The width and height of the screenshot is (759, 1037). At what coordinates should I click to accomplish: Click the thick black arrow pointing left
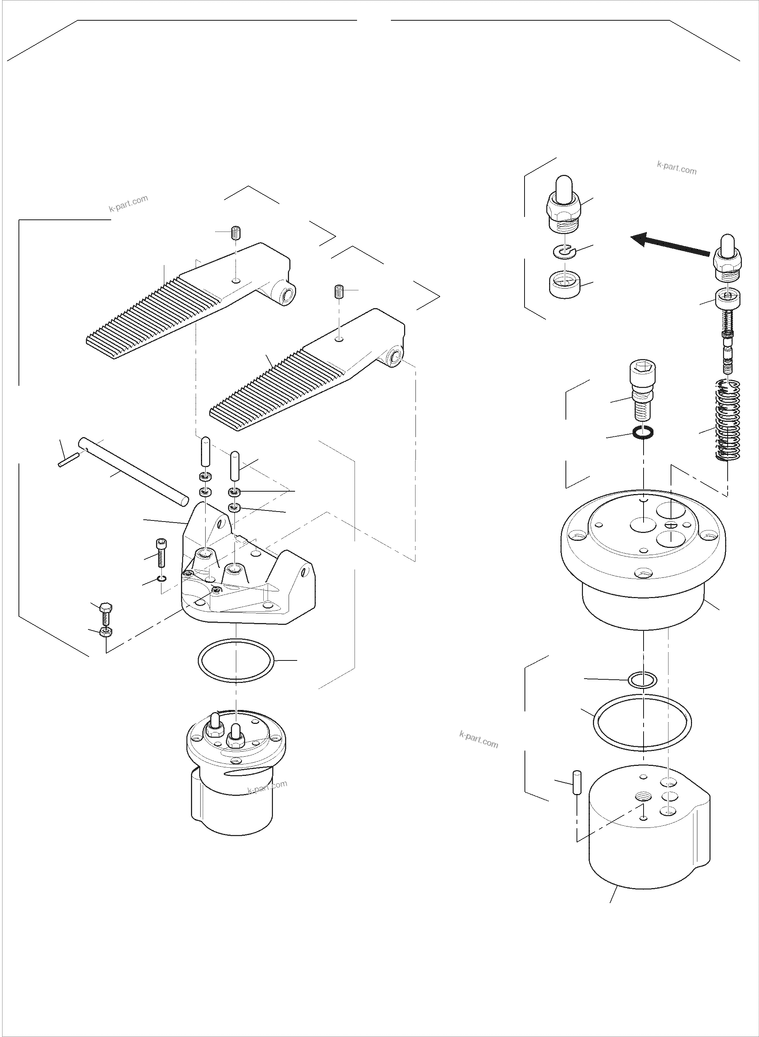click(x=671, y=245)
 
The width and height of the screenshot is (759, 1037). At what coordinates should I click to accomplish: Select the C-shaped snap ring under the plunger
click(x=564, y=252)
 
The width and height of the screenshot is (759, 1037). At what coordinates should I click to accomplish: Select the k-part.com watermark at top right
click(x=676, y=168)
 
